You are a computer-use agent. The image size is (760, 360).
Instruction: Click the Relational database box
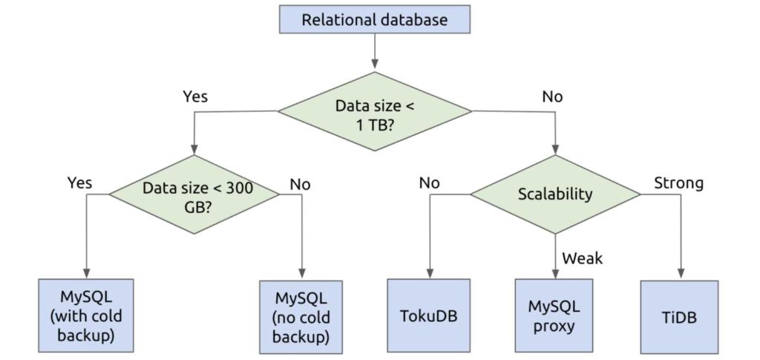tap(375, 19)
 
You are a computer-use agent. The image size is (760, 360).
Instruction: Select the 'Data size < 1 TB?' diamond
tap(375, 112)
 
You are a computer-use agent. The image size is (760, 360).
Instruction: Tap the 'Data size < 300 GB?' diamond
tap(195, 195)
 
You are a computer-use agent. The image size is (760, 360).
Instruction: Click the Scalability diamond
tap(555, 194)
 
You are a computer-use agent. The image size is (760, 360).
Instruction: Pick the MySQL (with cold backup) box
tap(86, 315)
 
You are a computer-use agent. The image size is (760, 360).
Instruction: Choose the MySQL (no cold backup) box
tap(301, 316)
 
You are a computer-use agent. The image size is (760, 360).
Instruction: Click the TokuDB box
tap(428, 315)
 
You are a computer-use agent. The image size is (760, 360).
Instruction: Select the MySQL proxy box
tap(555, 315)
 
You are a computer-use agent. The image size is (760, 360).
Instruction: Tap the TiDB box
tap(679, 316)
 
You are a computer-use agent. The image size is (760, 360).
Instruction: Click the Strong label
tap(678, 183)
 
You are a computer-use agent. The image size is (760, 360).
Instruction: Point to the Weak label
tap(583, 258)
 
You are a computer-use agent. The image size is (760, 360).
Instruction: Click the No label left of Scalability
tap(430, 183)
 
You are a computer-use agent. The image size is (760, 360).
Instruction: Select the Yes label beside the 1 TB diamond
tap(195, 96)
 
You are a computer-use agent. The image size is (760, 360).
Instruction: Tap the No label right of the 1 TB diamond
tap(552, 96)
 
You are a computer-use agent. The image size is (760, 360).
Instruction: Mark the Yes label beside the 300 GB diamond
tap(80, 182)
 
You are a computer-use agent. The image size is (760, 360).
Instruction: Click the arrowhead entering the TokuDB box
tap(429, 274)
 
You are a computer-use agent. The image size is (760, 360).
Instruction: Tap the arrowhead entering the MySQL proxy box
tap(555, 274)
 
